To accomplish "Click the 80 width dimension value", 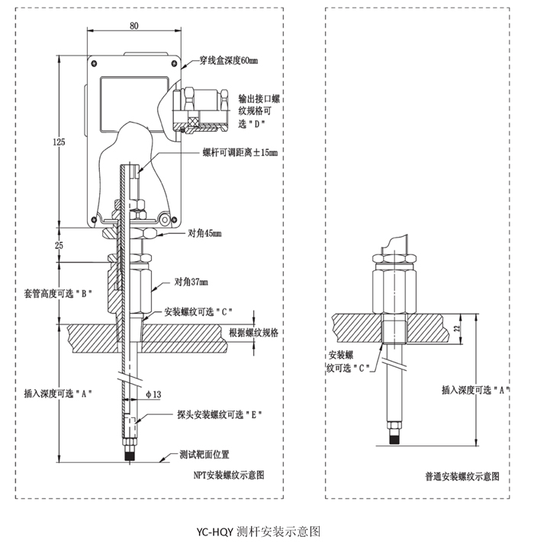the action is [x=134, y=26].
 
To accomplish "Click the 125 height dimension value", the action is [x=59, y=142].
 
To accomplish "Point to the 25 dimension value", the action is [x=59, y=245].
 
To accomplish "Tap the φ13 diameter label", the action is [x=153, y=394].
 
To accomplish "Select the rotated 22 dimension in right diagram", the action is [x=457, y=328].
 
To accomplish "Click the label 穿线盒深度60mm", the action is [x=228, y=61].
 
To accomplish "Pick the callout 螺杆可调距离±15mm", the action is [x=240, y=152].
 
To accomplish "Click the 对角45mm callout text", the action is [x=204, y=233].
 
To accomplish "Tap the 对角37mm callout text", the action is [x=191, y=281].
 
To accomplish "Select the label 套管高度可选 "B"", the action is [x=58, y=293].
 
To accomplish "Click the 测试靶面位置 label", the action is [x=204, y=454].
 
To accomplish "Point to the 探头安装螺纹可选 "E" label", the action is [x=220, y=414].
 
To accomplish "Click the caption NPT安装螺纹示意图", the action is [x=229, y=475].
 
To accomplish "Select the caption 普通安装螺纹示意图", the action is [x=462, y=476].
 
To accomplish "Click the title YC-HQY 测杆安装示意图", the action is [x=258, y=532].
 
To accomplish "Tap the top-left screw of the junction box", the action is [x=94, y=63].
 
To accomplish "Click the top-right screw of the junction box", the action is [x=175, y=63].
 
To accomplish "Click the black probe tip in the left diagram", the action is [x=130, y=456].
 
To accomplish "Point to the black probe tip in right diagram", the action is [x=394, y=439].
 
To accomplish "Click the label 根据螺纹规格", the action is [x=253, y=333].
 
